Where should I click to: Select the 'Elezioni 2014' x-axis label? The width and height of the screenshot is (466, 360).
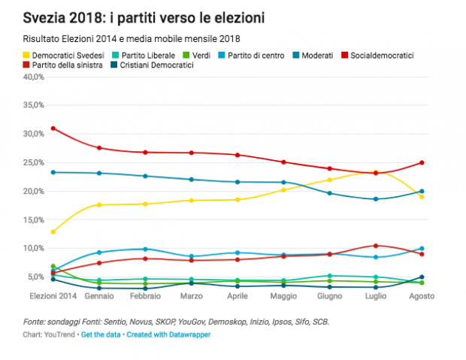click(53, 296)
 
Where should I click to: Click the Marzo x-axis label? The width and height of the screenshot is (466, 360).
click(192, 296)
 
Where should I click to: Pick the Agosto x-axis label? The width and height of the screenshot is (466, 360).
click(422, 296)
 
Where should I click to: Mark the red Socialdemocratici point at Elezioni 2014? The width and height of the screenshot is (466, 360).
click(53, 128)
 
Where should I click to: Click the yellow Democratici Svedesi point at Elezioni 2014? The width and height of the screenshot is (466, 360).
click(53, 231)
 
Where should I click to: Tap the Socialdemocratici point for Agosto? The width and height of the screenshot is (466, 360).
click(422, 162)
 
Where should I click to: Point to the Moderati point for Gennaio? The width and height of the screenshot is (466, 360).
click(99, 173)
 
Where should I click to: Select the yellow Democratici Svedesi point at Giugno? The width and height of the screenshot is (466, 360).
click(330, 180)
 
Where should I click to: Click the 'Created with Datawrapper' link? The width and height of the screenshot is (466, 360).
click(168, 334)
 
